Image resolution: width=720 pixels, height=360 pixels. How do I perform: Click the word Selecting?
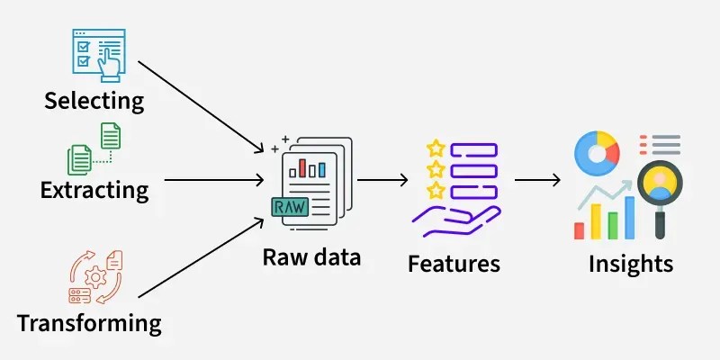point(94,99)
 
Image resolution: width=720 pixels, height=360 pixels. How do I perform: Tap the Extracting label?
point(94,190)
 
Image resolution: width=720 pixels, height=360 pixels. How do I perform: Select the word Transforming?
point(89,322)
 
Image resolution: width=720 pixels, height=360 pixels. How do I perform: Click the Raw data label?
point(311,257)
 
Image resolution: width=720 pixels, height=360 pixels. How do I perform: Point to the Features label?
point(454,264)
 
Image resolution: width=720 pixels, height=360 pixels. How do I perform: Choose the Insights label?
point(630,264)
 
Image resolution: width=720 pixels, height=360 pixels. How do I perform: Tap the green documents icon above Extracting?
point(94,148)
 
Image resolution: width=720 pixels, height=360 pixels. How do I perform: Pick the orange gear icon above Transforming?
point(95,278)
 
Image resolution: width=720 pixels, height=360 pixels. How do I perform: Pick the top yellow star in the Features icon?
point(436,148)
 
